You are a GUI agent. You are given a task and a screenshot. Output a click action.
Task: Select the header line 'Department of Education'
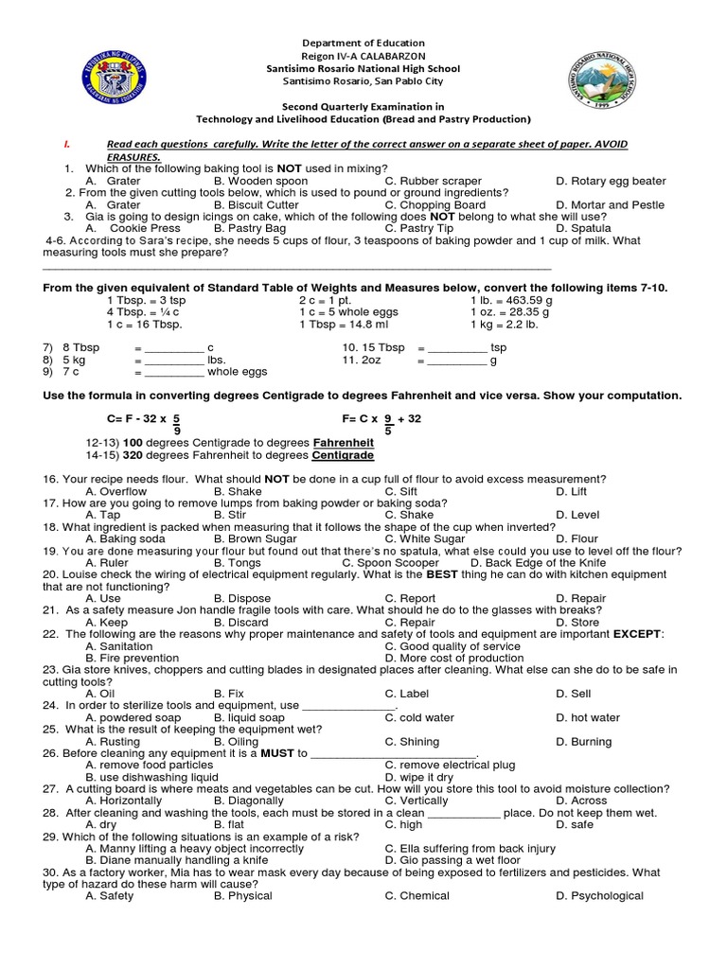click(x=363, y=44)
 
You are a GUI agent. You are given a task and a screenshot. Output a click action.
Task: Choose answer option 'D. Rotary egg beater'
click(x=611, y=181)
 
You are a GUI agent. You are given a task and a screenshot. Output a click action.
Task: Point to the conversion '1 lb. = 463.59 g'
click(x=517, y=300)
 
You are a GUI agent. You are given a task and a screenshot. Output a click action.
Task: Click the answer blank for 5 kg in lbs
click(x=174, y=361)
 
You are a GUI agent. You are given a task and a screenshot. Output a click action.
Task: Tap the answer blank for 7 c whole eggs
click(x=174, y=373)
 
